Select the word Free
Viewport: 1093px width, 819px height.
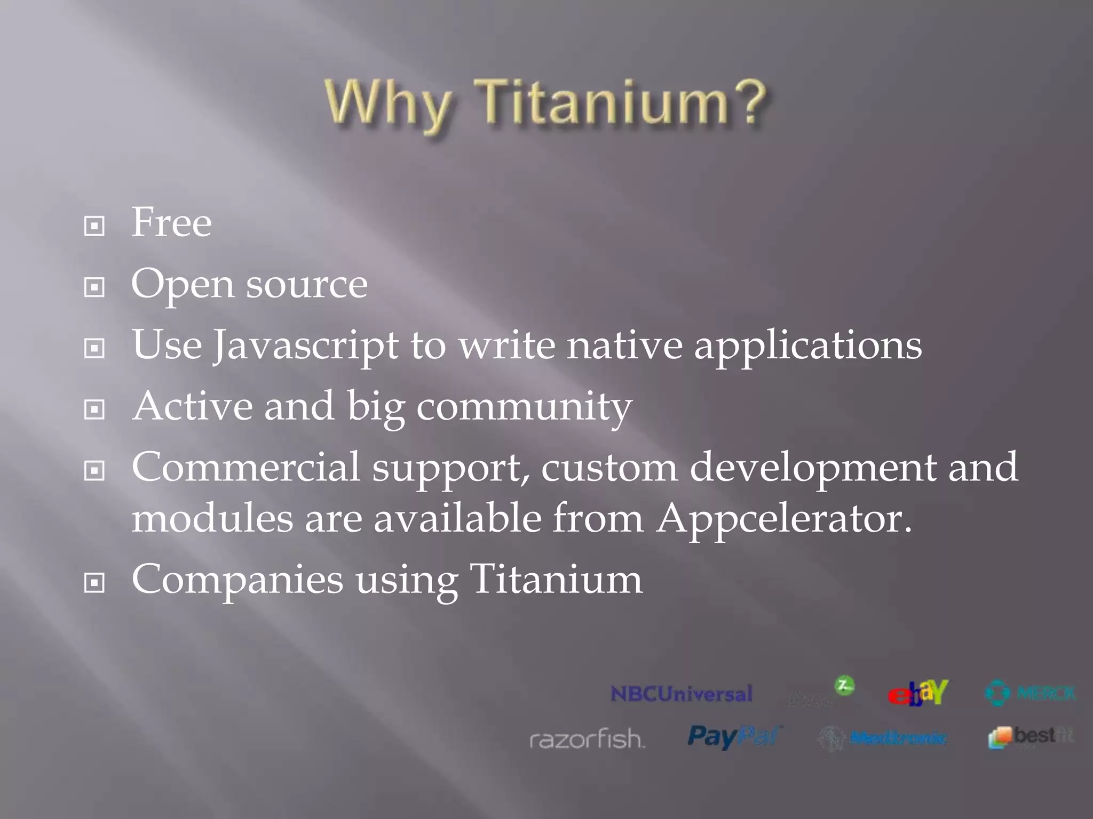(x=171, y=222)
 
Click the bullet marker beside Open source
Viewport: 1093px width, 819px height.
(x=94, y=288)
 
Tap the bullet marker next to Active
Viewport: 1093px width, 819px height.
(x=94, y=409)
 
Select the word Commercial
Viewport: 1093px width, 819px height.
(x=246, y=467)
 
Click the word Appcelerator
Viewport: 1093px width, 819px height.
(x=783, y=518)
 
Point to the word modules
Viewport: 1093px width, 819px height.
(x=212, y=518)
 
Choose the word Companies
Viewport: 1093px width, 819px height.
(x=237, y=580)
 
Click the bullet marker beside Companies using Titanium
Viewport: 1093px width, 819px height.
(x=94, y=583)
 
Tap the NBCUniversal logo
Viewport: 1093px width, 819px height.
(x=682, y=694)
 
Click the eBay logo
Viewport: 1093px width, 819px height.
(x=917, y=693)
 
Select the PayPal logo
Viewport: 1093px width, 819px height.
(x=734, y=737)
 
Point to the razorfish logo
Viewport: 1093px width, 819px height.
(x=587, y=739)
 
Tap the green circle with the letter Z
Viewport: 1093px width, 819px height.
(x=844, y=685)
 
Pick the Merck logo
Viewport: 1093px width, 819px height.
(x=1030, y=693)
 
